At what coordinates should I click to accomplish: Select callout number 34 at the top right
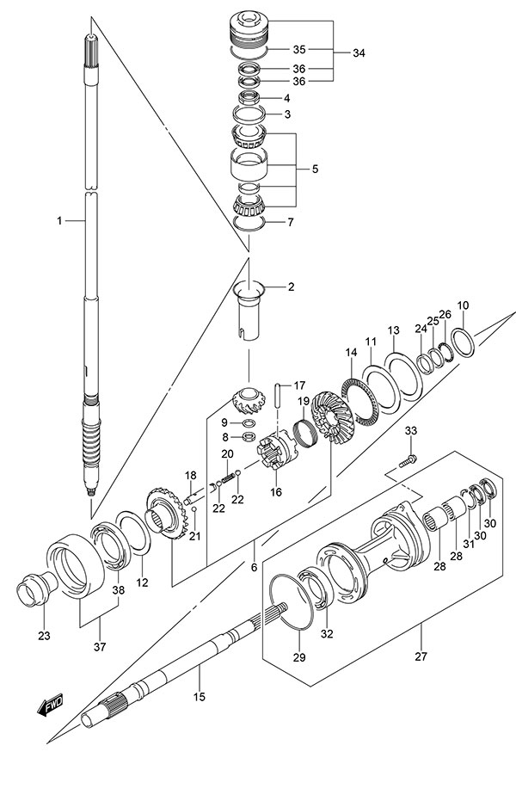pos(359,53)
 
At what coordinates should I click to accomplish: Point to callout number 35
pos(298,49)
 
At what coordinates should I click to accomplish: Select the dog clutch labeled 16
pos(278,449)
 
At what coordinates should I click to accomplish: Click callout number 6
pos(254,567)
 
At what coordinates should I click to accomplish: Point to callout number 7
pos(290,222)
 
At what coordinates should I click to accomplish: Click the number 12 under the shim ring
pos(142,582)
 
